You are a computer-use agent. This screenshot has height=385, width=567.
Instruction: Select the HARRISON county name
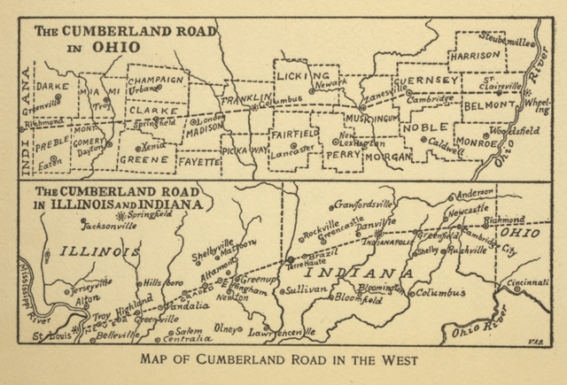pyautogui.click(x=475, y=54)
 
